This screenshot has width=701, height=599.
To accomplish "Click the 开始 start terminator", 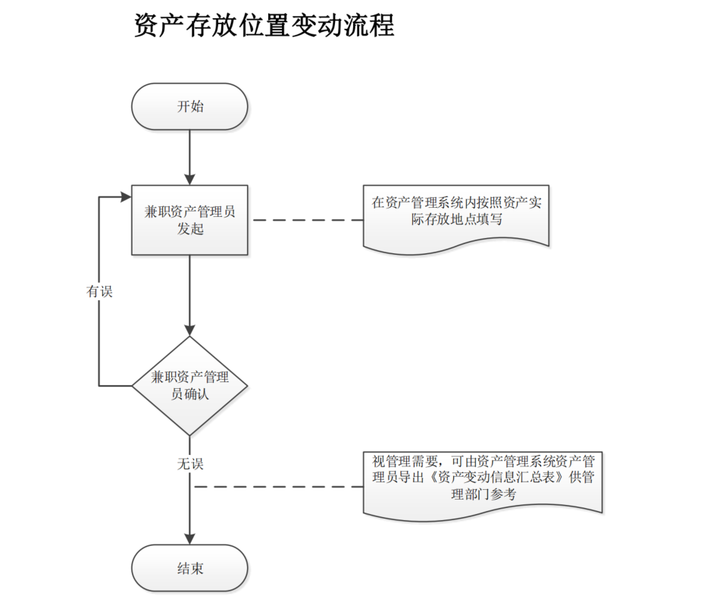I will point(189,107).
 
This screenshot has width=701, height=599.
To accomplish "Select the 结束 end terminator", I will point(189,569).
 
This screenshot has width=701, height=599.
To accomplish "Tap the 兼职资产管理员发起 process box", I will point(189,220).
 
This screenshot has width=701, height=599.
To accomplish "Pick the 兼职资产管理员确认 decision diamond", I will point(189,385).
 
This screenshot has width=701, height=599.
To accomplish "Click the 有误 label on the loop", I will point(99,291).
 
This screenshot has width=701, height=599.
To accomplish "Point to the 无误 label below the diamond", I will point(189,463).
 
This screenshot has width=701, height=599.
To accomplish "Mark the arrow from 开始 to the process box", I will point(189,155).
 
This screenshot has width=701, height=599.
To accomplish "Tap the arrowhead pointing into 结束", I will point(189,539).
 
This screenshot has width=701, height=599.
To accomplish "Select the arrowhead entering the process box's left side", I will point(126,196).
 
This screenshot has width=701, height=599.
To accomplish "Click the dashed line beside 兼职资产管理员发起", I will point(307,220).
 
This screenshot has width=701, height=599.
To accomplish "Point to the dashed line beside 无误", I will point(277,485).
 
